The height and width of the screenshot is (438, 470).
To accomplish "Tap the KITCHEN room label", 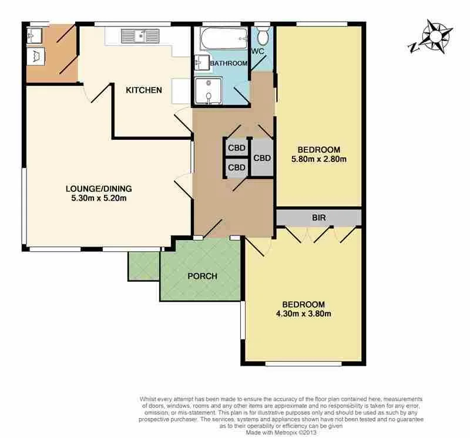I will coord(144,90).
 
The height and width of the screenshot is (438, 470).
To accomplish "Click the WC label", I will coord(257,52).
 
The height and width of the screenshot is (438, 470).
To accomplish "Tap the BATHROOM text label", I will coord(229,63).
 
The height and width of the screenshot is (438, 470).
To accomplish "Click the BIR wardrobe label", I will coord(318,218).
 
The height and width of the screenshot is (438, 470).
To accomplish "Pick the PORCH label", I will coord(202,276).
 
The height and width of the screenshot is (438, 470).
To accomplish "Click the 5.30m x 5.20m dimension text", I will coord(98,198).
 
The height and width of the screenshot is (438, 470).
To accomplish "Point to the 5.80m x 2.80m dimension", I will coord(318,159).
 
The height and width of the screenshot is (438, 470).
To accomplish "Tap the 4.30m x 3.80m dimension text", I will coord(303,314).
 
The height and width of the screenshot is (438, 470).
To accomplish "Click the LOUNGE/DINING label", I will coord(98,188).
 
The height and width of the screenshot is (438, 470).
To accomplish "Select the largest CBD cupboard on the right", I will coord(262,158).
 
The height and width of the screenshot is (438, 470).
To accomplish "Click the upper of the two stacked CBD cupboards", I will coord(236,147).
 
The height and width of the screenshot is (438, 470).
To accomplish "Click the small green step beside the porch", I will coord(143,266).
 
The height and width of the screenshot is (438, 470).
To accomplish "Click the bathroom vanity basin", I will coord(200,62).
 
